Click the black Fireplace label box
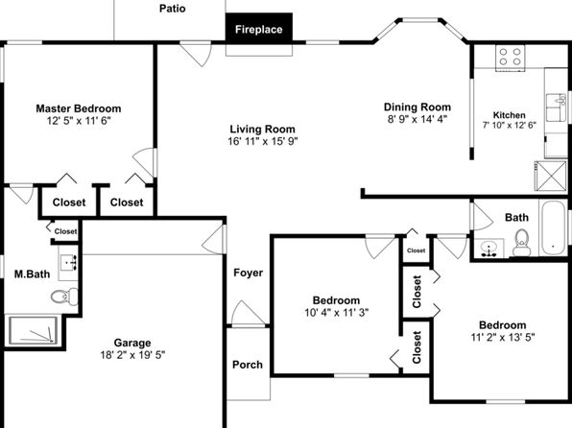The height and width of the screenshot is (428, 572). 259,28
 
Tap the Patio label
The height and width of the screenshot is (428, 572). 172,9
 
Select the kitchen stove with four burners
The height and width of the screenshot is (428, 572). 510,58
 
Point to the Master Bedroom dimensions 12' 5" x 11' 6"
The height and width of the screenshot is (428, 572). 79,121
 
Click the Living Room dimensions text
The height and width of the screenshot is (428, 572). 263,141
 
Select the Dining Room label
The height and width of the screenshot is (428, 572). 417,107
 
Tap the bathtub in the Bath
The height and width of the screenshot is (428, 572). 553,227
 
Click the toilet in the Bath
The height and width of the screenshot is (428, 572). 521,242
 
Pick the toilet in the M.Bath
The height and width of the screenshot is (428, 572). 64,296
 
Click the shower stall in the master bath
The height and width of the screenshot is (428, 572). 34,330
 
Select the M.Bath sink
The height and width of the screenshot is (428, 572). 68,262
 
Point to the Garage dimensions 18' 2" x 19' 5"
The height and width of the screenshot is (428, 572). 132,355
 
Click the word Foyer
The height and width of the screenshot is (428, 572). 248,273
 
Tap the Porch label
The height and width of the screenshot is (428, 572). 248,365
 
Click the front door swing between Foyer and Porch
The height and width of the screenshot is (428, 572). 248,314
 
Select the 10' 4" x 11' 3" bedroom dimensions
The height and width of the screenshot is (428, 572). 336,313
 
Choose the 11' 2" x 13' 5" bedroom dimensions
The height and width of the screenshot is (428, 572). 503,337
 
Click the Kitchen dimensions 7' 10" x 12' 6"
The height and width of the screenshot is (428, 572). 510,126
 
